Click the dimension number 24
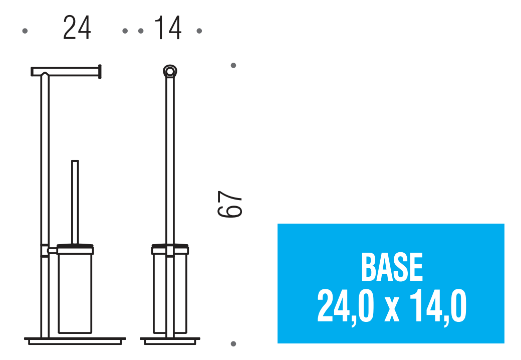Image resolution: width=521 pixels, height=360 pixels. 77,28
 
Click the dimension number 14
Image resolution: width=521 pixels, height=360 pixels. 168,28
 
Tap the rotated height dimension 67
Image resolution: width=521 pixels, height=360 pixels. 229,204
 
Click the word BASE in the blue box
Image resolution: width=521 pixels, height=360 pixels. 392,267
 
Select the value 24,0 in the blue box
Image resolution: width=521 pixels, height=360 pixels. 346,306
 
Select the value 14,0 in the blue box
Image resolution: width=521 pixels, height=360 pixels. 438,306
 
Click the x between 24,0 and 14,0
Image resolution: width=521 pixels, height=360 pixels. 392,310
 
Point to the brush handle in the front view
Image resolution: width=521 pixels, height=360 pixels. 75,203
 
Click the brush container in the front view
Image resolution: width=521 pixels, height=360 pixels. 75,289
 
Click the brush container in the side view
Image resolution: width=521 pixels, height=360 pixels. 170,289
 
